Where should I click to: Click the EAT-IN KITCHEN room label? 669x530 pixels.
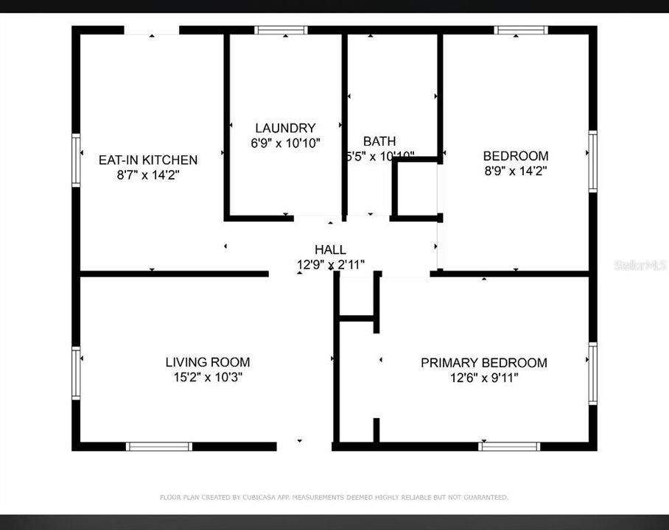(148, 160)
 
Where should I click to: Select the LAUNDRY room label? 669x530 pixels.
(285, 128)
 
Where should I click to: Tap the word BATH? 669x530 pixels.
(379, 141)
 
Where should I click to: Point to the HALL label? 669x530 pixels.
(330, 250)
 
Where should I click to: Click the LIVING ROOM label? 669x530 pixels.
(207, 362)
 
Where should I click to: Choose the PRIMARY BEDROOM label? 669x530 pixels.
(483, 363)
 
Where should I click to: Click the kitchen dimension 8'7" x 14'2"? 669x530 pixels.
(148, 175)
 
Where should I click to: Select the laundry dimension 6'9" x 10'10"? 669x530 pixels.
(285, 144)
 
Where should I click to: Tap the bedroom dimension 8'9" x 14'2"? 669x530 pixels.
(515, 171)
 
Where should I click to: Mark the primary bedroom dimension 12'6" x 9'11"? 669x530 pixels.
(483, 378)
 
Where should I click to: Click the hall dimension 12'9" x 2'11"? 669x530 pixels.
(330, 265)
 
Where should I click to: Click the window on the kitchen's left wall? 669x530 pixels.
(75, 159)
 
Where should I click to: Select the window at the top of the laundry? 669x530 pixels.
(281, 30)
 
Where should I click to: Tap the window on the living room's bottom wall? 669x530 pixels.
(158, 446)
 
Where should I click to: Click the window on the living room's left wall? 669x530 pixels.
(75, 372)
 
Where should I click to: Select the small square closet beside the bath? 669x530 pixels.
(416, 189)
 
